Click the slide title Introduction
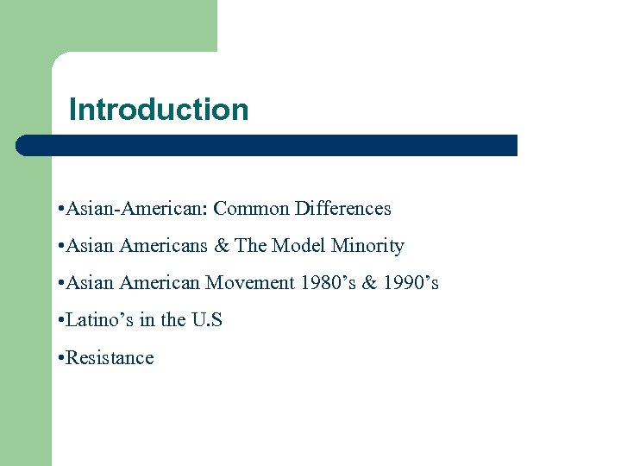coord(159,110)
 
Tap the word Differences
coord(342,209)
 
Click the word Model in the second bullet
coord(299,246)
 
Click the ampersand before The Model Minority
coord(222,246)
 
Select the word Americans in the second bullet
coord(161,246)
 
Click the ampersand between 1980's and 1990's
coord(364,283)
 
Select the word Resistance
coord(109,357)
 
